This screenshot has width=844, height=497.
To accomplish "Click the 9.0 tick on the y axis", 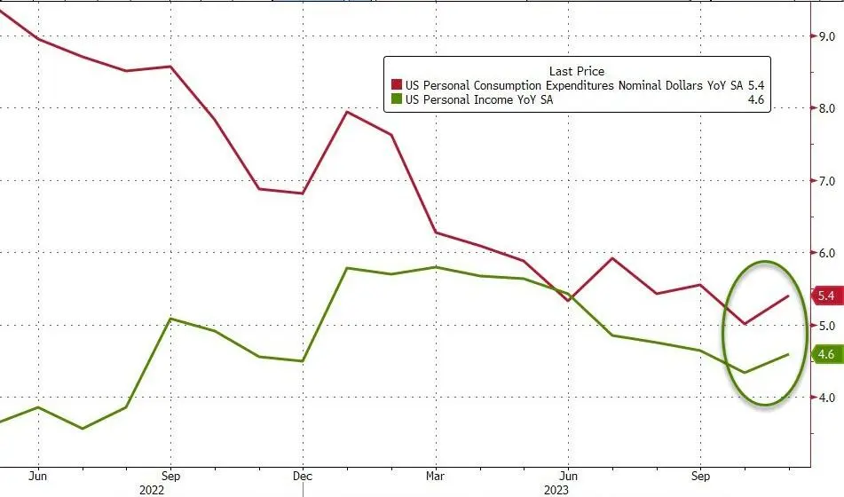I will (x=827, y=36).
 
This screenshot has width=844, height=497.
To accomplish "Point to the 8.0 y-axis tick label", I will (x=827, y=108).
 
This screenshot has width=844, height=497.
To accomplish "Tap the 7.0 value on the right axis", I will (x=827, y=181).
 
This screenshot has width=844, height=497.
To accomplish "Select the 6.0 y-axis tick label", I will (x=827, y=253).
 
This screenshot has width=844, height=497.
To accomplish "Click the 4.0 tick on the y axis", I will (x=827, y=398).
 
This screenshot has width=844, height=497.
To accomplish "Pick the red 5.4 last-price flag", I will (x=825, y=296).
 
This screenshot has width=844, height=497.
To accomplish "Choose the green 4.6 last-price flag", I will (x=825, y=355).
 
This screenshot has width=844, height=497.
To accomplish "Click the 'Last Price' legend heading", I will (x=577, y=71).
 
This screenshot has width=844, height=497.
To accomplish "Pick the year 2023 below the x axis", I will (x=568, y=488).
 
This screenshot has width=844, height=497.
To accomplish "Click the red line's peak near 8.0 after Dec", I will (x=347, y=112).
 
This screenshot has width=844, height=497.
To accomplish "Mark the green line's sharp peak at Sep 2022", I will (x=170, y=319).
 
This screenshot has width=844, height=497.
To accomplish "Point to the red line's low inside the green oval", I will (x=745, y=324).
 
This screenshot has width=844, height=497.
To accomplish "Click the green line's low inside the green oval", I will (x=745, y=373).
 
